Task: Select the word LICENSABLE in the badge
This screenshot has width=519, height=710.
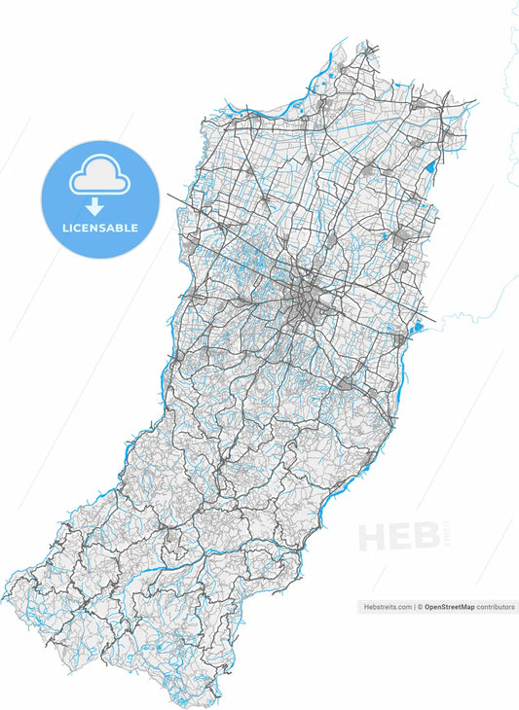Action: coord(100,229)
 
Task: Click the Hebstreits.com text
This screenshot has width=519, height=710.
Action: coord(387,606)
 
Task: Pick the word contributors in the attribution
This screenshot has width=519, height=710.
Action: coord(496,606)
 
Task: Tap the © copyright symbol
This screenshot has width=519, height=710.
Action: coord(421,606)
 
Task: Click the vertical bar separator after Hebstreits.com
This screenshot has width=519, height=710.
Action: coord(415,606)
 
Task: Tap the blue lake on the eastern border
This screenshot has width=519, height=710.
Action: coord(418,326)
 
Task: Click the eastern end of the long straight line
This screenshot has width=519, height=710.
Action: coord(434,320)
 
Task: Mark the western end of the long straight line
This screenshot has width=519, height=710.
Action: coord(167,195)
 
